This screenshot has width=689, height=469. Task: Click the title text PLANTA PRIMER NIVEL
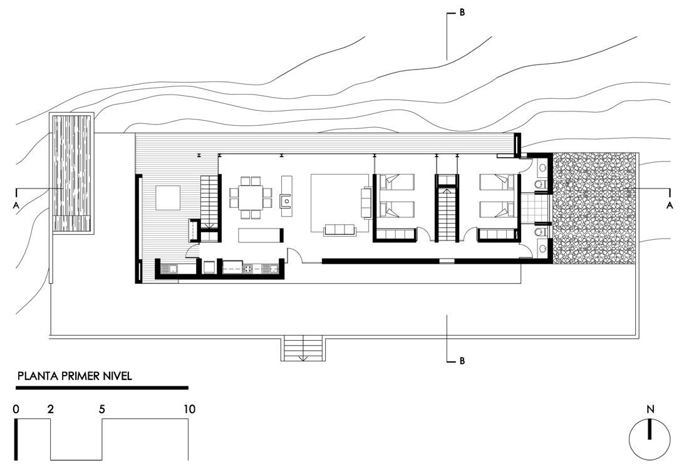(x=75, y=376)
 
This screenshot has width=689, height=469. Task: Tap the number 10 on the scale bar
(x=189, y=410)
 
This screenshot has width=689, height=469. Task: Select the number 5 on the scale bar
(x=102, y=410)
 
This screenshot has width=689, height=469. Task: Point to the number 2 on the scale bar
(x=51, y=410)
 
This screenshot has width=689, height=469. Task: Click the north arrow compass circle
(x=650, y=438)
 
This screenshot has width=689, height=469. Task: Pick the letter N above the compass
(x=650, y=410)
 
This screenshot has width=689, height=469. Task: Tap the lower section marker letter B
(x=462, y=361)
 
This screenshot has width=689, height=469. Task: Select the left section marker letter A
(x=16, y=205)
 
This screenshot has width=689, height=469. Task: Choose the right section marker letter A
(x=670, y=205)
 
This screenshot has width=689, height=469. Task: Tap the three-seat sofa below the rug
(x=339, y=230)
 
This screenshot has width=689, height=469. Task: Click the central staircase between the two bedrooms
(x=447, y=213)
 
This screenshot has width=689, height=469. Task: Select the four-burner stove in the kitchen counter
(x=248, y=269)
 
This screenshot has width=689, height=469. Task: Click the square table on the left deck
(x=168, y=197)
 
